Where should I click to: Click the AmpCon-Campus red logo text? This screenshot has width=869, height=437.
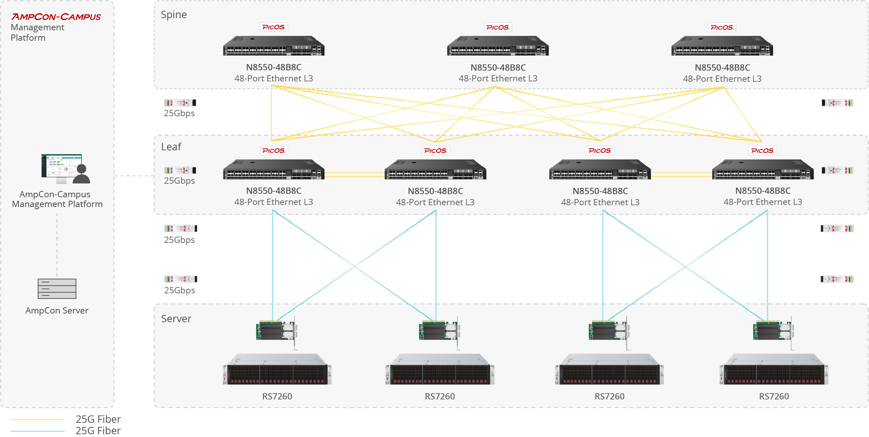point(56,17)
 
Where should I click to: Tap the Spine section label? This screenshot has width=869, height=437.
point(174,15)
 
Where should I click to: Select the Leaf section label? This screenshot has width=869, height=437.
point(171,147)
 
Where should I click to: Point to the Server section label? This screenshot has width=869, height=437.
point(176,319)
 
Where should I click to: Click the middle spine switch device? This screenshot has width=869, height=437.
point(498,46)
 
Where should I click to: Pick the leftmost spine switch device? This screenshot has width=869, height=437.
point(273,46)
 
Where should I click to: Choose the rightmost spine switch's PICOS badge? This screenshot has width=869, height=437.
point(722,27)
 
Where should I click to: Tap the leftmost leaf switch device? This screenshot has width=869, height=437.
point(273,169)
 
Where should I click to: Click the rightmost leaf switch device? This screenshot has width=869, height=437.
point(763,169)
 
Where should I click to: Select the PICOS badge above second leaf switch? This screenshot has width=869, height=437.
point(435,151)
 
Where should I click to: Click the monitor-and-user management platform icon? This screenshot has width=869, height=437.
point(66,169)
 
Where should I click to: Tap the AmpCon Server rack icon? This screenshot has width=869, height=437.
point(57,289)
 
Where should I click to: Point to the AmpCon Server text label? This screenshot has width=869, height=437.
point(57,310)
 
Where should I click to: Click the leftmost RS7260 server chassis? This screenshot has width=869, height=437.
point(277,370)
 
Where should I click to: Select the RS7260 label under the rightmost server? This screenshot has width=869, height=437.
point(774,396)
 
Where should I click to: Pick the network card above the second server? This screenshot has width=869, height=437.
point(440,331)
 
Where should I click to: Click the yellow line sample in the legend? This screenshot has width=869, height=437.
point(38,419)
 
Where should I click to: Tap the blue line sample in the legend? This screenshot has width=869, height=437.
point(38,431)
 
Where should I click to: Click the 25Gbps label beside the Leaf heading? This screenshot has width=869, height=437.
point(179,181)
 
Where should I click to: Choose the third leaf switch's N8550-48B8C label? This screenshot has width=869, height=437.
point(600,191)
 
